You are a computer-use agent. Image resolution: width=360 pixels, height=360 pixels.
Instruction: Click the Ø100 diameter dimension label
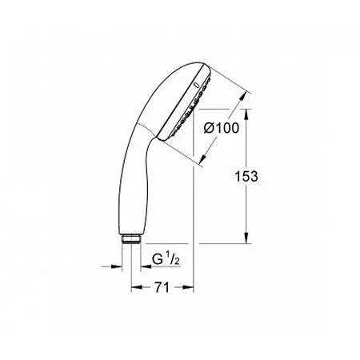coord(222,128)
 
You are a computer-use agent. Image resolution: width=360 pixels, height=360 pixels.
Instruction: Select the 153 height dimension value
coord(246,176)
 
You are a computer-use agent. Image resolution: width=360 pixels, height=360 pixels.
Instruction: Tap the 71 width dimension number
coord(162,287)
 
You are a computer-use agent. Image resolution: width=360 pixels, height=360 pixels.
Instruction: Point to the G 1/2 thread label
coord(166,259)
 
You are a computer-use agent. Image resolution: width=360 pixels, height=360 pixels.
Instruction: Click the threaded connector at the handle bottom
coord(131,239)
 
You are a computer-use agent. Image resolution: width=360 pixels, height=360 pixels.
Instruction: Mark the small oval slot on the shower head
coord(197,85)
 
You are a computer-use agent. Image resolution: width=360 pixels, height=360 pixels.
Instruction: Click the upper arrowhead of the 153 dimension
coord(246,114)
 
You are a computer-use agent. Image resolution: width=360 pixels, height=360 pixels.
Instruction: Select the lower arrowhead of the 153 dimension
coord(246,238)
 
